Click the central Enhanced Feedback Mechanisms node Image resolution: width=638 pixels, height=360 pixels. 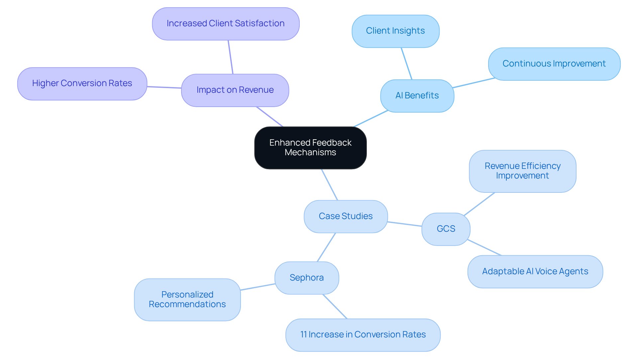click(310, 148)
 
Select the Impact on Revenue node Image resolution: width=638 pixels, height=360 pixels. click(235, 90)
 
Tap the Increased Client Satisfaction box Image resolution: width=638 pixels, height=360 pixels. click(226, 24)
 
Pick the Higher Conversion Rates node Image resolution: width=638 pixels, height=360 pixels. click(82, 83)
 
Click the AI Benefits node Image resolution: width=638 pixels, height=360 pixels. click(417, 96)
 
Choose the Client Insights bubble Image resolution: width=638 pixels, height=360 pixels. click(395, 31)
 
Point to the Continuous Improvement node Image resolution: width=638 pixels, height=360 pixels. click(554, 64)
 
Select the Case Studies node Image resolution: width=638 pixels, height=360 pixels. click(346, 216)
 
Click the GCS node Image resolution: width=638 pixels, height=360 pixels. click(446, 229)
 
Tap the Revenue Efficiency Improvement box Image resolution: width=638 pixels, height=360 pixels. click(522, 171)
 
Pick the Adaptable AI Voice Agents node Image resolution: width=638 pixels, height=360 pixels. click(535, 272)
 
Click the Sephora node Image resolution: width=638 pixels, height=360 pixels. click(306, 278)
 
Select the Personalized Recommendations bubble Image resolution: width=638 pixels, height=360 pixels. click(187, 300)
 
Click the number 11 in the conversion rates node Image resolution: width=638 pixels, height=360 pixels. click(303, 335)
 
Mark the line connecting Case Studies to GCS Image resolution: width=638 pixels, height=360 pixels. click(404, 224)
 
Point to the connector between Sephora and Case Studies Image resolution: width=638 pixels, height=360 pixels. click(326, 247)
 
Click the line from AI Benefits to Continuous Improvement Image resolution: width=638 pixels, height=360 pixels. click(474, 83)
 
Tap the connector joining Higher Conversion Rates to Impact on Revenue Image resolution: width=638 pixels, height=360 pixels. click(164, 87)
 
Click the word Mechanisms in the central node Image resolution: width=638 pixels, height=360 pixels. click(310, 153)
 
